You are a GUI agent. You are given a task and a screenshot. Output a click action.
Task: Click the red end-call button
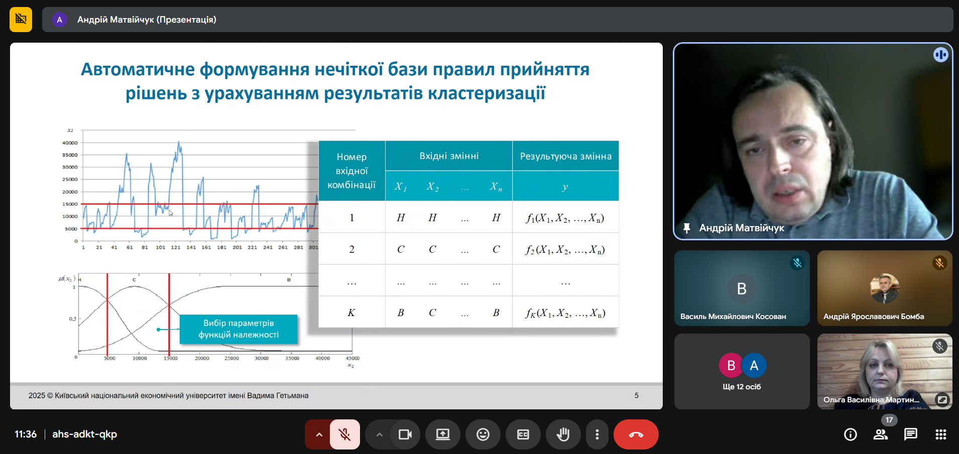pos(636,434)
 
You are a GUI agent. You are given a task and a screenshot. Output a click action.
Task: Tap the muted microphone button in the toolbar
pos(345,434)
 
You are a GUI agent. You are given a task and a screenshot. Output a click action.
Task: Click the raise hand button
pos(563,434)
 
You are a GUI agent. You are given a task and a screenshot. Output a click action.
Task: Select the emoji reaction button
pos(483,434)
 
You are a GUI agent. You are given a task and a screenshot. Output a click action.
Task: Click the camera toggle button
pos(405,434)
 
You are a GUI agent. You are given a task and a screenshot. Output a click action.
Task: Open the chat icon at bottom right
pos(910,434)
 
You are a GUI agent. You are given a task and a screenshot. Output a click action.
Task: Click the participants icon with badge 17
pos(881,434)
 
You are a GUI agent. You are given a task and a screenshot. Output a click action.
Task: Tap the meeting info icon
pos(850,434)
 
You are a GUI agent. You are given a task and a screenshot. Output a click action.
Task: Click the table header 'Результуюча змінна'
pos(565,157)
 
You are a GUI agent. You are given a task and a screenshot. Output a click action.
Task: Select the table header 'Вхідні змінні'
pos(449,156)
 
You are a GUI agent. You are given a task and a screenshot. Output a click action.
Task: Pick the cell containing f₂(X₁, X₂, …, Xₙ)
pos(565,249)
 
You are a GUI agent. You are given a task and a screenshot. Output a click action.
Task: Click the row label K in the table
pos(351,313)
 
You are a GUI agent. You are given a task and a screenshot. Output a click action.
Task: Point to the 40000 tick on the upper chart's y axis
pos(70,143)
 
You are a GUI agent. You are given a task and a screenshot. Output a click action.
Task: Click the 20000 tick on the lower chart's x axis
pos(202,358)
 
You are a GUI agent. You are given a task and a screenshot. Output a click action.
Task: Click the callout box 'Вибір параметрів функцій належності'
pos(238,329)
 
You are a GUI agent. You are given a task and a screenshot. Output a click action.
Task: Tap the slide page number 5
pos(636,395)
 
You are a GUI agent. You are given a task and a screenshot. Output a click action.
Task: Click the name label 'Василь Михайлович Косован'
pos(733,317)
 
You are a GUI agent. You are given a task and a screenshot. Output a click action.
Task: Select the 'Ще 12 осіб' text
pos(742,387)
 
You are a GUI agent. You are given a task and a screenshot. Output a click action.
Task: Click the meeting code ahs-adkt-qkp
pos(84,434)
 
